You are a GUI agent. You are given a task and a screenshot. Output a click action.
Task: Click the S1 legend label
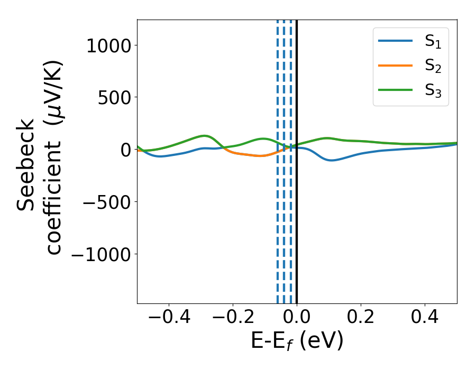pos(433,43)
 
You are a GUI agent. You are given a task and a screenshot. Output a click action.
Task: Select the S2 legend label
pos(433,67)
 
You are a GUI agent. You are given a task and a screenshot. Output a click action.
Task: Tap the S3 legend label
pos(433,90)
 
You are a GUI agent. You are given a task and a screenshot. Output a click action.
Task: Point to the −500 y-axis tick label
pos(103,202)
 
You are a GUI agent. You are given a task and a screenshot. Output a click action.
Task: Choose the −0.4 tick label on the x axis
pos(169,318)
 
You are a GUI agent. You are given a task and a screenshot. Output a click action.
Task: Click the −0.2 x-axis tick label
pos(233,318)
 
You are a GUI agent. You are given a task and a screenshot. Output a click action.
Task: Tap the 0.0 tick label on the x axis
pos(297,318)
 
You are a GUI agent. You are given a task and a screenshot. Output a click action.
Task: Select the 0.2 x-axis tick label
pos(361,318)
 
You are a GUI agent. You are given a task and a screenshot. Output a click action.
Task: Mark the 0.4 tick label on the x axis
pos(425,318)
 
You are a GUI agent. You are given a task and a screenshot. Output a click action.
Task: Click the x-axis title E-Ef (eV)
pos(297,341)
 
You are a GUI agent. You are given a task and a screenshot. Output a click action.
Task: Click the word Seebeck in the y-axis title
pos(27,165)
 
